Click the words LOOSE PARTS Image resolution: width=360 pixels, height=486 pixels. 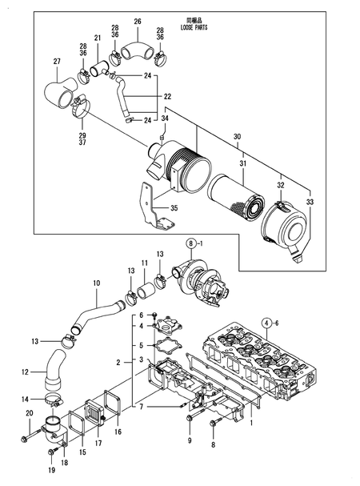click(x=194, y=27)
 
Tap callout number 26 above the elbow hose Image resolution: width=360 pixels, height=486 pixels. click(x=138, y=22)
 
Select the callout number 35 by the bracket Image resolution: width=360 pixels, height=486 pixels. click(x=174, y=208)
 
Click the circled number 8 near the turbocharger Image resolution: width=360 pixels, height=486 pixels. click(x=191, y=243)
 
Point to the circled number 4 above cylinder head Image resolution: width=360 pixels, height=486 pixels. click(x=266, y=323)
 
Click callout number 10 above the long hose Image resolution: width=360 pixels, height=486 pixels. click(x=96, y=283)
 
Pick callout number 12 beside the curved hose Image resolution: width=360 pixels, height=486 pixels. click(x=25, y=372)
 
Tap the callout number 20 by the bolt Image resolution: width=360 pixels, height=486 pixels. click(x=30, y=413)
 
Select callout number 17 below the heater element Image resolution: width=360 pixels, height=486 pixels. click(x=98, y=444)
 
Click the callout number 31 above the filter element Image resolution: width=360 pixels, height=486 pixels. click(x=243, y=163)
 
